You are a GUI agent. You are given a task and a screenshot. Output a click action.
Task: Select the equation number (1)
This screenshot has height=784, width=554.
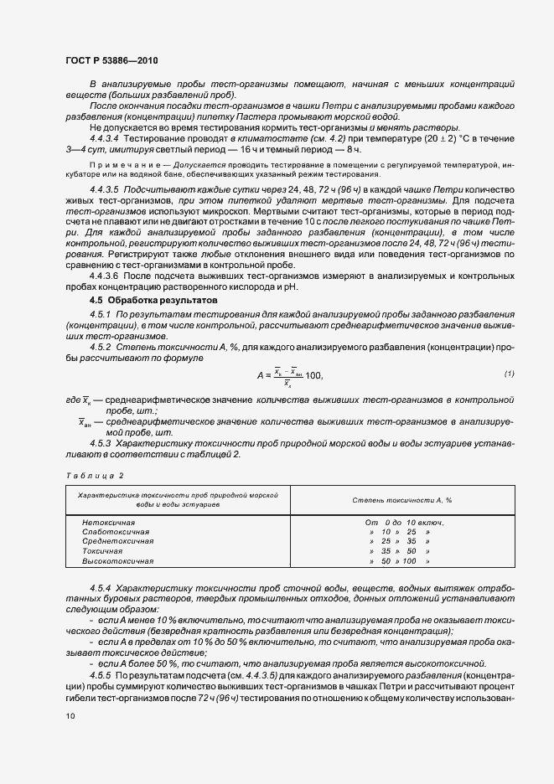(x=509, y=373)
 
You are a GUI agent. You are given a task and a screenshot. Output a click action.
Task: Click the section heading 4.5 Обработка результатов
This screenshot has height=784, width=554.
(x=153, y=299)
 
